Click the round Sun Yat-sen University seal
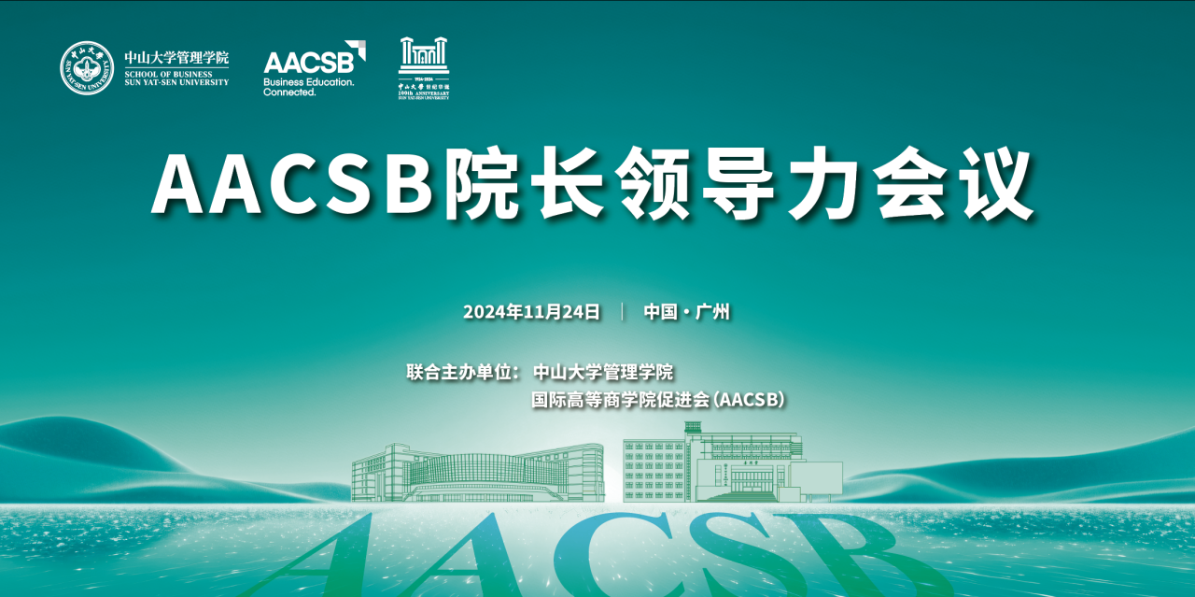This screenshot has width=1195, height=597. click(87, 68)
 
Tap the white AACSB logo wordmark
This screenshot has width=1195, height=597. click(308, 62)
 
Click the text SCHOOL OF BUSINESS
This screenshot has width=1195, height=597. click(169, 74)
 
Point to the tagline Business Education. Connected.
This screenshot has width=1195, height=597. click(308, 87)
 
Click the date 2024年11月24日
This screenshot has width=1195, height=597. click(531, 312)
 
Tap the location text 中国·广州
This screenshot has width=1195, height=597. click(686, 312)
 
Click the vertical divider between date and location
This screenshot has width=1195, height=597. click(623, 312)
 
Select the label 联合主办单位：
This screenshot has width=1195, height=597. click(462, 372)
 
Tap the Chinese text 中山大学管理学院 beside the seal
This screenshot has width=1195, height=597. click(176, 58)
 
